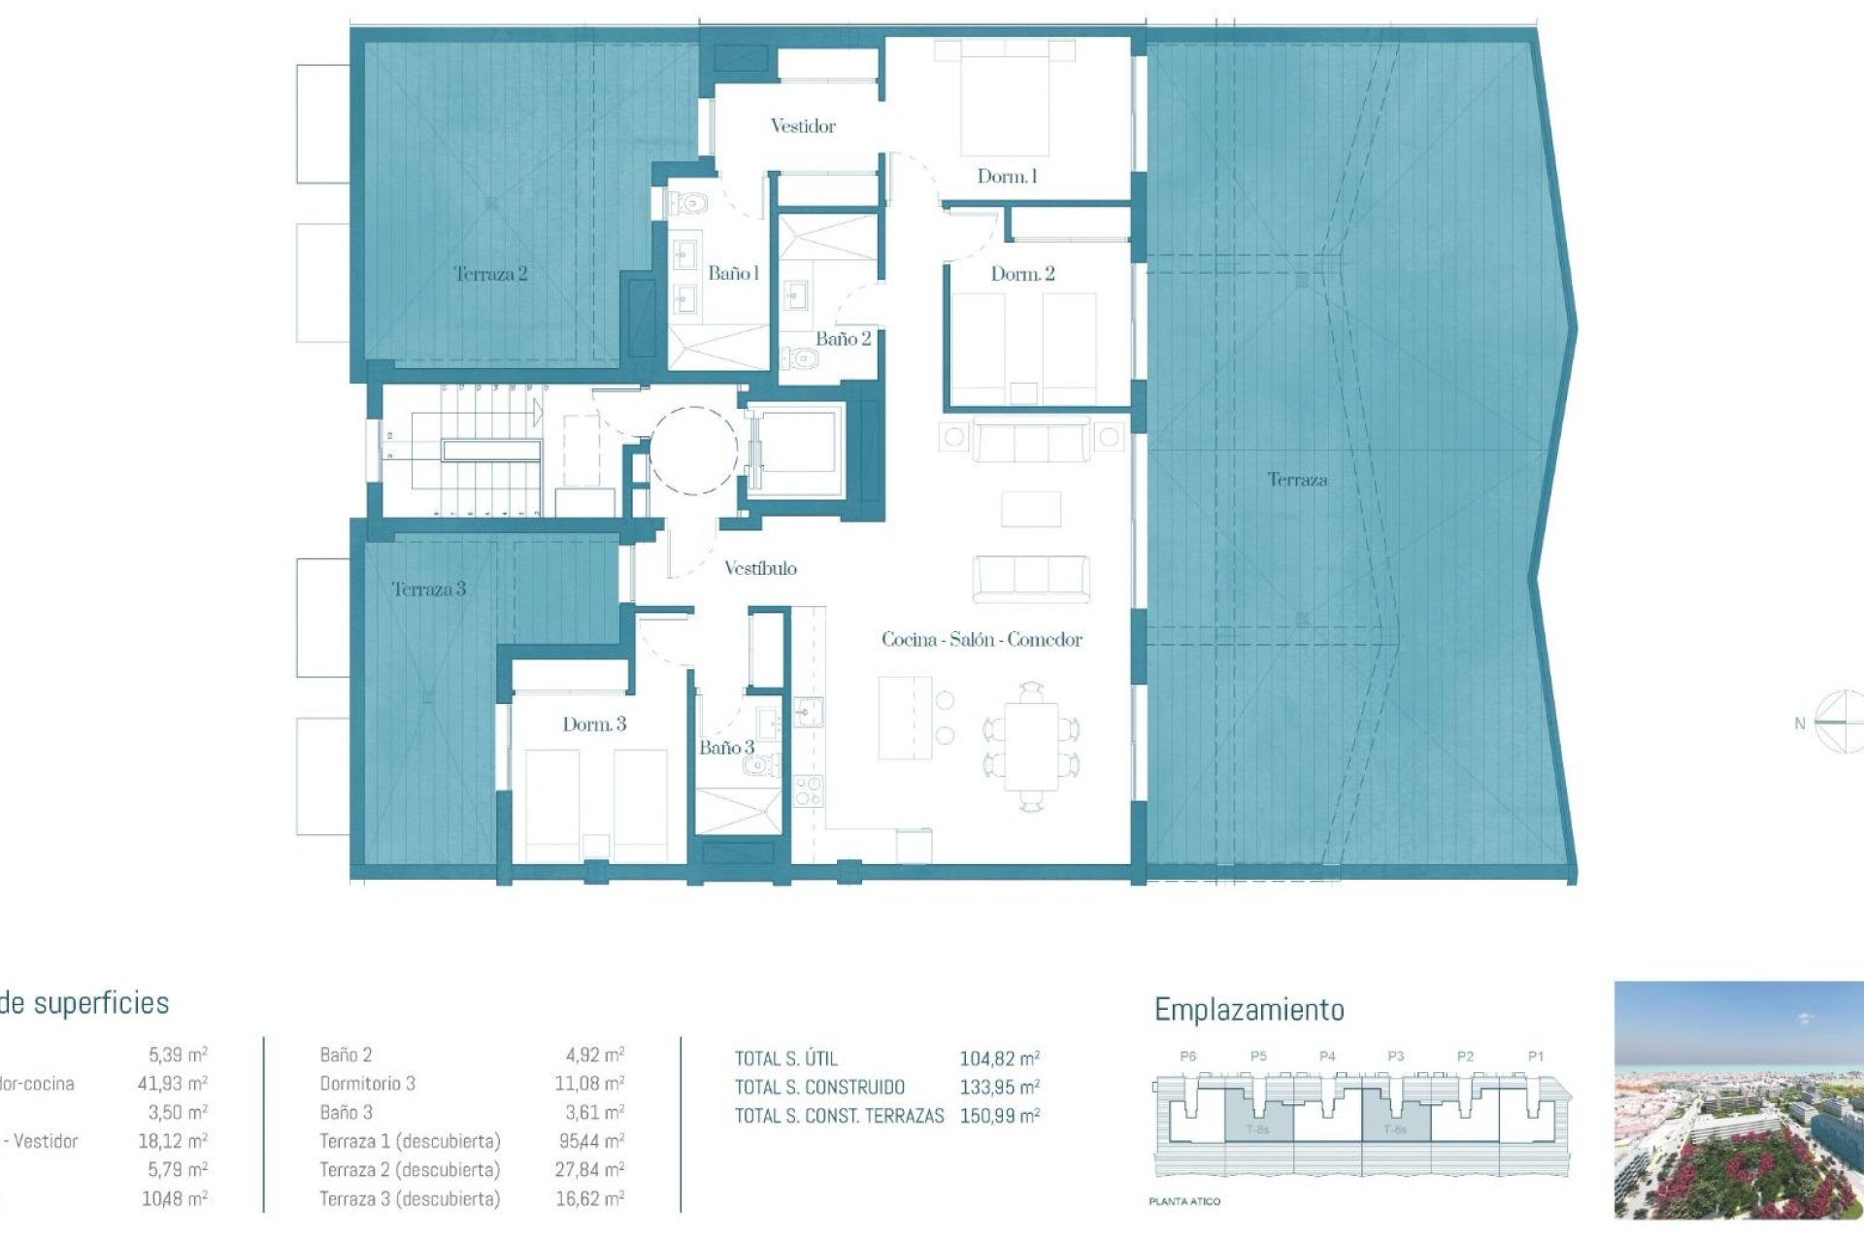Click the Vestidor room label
(x=802, y=126)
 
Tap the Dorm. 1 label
(x=1007, y=177)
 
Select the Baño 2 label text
(x=843, y=339)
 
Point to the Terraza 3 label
(x=429, y=589)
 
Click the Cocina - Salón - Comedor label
(x=982, y=640)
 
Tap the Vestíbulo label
(x=760, y=569)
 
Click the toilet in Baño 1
(x=688, y=204)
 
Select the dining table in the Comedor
(x=1031, y=746)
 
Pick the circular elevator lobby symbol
(x=693, y=451)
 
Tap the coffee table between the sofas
(x=1031, y=509)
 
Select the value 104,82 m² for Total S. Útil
(x=999, y=1059)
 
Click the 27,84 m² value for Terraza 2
(x=588, y=1170)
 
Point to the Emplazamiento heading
(x=1248, y=1010)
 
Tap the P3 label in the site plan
(x=1395, y=1057)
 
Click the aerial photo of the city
(x=1738, y=1099)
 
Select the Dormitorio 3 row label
(x=367, y=1084)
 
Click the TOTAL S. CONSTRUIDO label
(x=819, y=1088)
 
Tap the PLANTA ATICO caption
(x=1184, y=1202)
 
